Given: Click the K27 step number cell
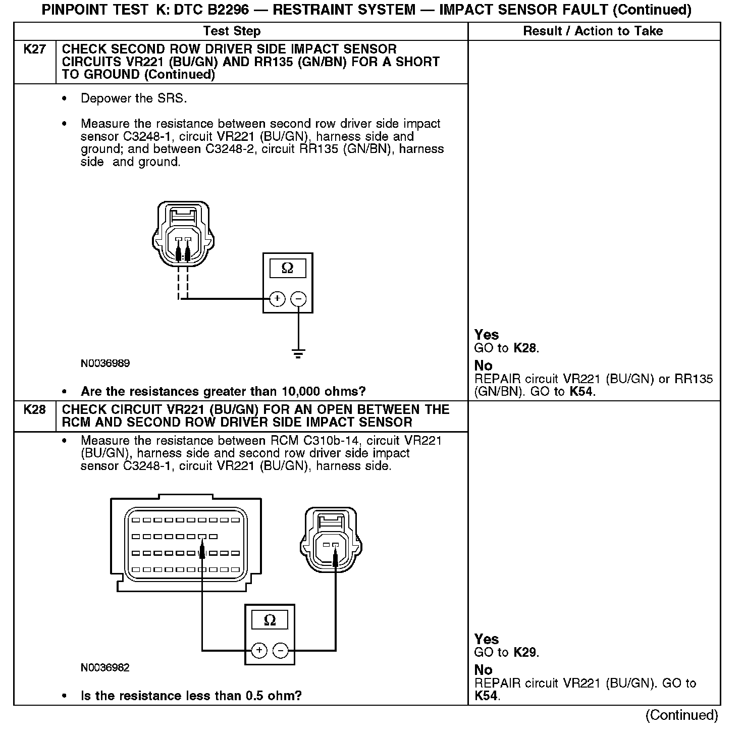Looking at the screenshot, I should click(x=34, y=50).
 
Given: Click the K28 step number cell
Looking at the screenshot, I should click(x=34, y=409).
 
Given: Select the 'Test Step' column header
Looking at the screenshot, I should click(x=232, y=31).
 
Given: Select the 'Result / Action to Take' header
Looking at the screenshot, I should click(x=593, y=31).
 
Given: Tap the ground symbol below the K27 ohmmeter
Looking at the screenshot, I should click(x=299, y=353).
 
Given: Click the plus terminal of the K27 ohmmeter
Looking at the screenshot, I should click(x=277, y=299).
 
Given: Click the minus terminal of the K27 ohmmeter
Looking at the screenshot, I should click(x=299, y=299).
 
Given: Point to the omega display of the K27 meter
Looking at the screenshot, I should click(x=287, y=268).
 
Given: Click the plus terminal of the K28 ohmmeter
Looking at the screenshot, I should click(x=259, y=650).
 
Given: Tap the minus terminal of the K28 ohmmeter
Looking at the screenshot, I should click(x=281, y=650).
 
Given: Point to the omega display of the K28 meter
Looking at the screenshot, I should click(x=270, y=620).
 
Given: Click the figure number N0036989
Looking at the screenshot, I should click(x=105, y=363).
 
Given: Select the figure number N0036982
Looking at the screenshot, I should click(x=105, y=667).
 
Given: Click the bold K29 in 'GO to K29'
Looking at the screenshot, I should click(x=525, y=652).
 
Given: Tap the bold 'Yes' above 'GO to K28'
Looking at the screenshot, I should click(x=487, y=335).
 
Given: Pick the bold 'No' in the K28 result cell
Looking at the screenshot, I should click(x=483, y=670).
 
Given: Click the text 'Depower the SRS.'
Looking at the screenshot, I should click(x=134, y=98).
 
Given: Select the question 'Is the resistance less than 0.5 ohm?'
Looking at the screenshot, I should click(x=191, y=696).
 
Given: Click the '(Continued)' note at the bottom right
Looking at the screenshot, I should click(x=681, y=715).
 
